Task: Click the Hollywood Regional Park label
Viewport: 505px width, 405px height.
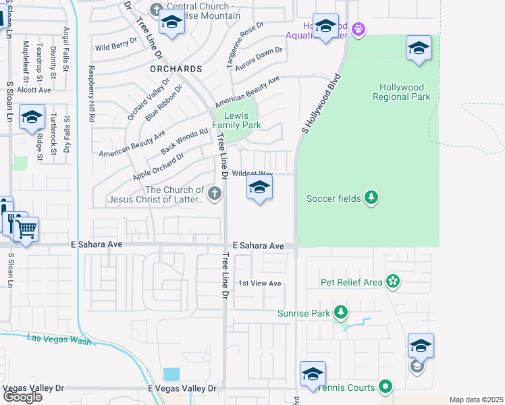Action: click(402, 92)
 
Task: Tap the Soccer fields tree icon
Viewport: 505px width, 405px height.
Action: click(371, 198)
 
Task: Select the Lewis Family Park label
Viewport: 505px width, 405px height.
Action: click(236, 120)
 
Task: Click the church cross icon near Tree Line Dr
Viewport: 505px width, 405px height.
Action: click(215, 195)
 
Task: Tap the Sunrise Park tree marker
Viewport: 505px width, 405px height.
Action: click(342, 313)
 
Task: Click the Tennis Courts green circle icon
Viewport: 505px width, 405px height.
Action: click(386, 387)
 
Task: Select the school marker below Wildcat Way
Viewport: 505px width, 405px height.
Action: click(259, 188)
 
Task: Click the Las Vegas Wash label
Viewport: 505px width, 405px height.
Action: click(59, 340)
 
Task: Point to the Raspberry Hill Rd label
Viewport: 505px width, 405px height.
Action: click(90, 93)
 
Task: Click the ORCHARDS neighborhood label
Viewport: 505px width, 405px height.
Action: click(176, 69)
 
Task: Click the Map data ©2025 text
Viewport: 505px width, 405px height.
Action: click(476, 400)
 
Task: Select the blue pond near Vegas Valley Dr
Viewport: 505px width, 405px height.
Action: click(171, 373)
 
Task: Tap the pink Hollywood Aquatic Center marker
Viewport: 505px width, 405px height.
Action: click(357, 29)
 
